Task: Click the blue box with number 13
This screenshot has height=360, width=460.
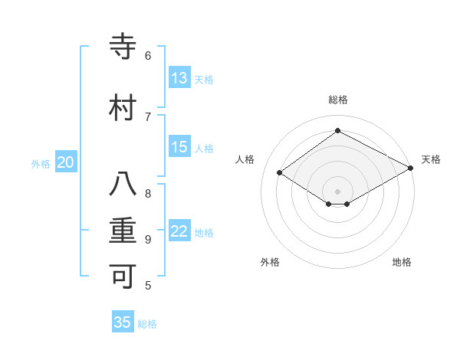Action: pyautogui.click(x=179, y=77)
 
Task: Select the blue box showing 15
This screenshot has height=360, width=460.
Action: pyautogui.click(x=179, y=147)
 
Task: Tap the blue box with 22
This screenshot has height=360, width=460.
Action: pyautogui.click(x=179, y=231)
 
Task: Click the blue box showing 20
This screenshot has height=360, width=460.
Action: pyautogui.click(x=66, y=162)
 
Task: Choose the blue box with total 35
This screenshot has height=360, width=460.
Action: pyautogui.click(x=123, y=322)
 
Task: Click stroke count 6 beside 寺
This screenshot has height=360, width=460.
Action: pyautogui.click(x=148, y=56)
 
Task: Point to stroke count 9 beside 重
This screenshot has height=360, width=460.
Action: pyautogui.click(x=148, y=239)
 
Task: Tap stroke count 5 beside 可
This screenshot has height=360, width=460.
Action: pyautogui.click(x=148, y=286)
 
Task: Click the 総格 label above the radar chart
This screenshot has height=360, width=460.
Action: pyautogui.click(x=337, y=100)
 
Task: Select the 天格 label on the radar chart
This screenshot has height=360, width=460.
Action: pyautogui.click(x=431, y=159)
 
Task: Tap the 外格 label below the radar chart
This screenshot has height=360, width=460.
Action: pyautogui.click(x=270, y=262)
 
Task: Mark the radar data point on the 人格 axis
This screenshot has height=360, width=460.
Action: pyautogui.click(x=280, y=173)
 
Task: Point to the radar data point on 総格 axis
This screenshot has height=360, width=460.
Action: pyautogui.click(x=337, y=131)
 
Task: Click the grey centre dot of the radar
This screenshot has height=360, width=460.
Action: pyautogui.click(x=337, y=190)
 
